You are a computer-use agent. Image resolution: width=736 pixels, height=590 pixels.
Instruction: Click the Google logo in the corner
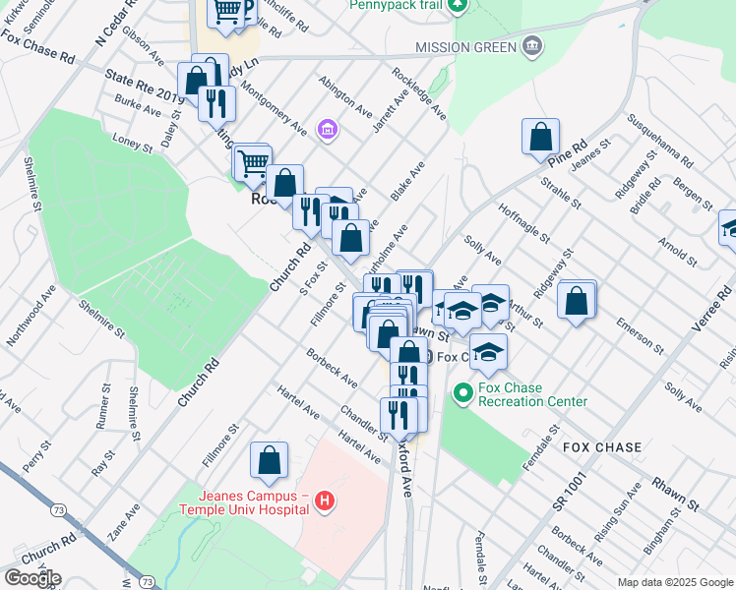pyautogui.click(x=32, y=578)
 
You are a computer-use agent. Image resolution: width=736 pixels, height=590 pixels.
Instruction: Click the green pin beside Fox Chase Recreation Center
pyautogui.click(x=462, y=394)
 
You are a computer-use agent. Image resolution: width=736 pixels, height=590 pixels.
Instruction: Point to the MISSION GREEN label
pyautogui.click(x=465, y=46)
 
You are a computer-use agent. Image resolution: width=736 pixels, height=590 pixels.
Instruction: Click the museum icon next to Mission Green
pyautogui.click(x=531, y=45)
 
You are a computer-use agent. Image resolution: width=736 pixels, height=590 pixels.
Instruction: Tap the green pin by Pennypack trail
pyautogui.click(x=457, y=6)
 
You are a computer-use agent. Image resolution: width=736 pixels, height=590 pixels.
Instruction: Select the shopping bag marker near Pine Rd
pyautogui.click(x=541, y=137)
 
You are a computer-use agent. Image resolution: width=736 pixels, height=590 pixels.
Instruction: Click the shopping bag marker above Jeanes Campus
pyautogui.click(x=269, y=460)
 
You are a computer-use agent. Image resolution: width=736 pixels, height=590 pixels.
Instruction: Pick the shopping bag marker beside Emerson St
pyautogui.click(x=577, y=299)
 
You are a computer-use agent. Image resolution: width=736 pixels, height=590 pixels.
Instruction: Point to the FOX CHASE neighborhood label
pyautogui.click(x=602, y=447)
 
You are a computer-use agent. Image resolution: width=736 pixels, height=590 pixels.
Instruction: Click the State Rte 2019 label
pyautogui.click(x=144, y=84)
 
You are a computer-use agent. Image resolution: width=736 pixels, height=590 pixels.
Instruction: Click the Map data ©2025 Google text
pyautogui.click(x=674, y=582)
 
